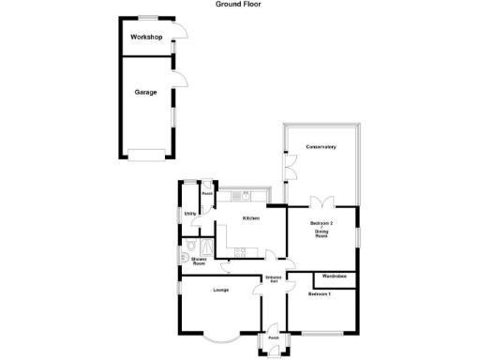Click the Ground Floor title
[x=239, y=5]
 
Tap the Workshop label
[x=146, y=37]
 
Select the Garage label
[x=144, y=93]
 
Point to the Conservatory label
[x=320, y=147]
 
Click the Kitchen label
[x=251, y=218]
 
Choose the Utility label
[x=189, y=215]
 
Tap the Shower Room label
[x=198, y=262]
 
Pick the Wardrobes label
[x=334, y=277]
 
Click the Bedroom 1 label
[x=320, y=294]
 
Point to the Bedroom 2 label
[x=322, y=222]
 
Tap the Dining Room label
[x=322, y=235]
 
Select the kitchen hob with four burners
[x=240, y=250]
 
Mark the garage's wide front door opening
[x=146, y=156]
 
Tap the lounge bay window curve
[x=221, y=336]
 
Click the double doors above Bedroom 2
[x=322, y=202]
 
